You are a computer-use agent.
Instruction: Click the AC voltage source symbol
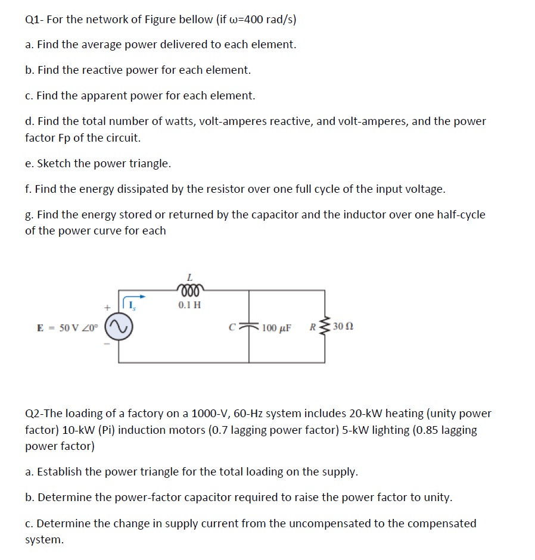(118, 326)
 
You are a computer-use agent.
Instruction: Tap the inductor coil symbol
(190, 290)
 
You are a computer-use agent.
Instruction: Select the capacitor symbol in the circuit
(249, 326)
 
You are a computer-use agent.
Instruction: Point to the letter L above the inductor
(189, 277)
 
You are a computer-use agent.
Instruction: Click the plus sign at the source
(107, 307)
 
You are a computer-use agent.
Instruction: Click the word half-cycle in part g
(458, 215)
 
